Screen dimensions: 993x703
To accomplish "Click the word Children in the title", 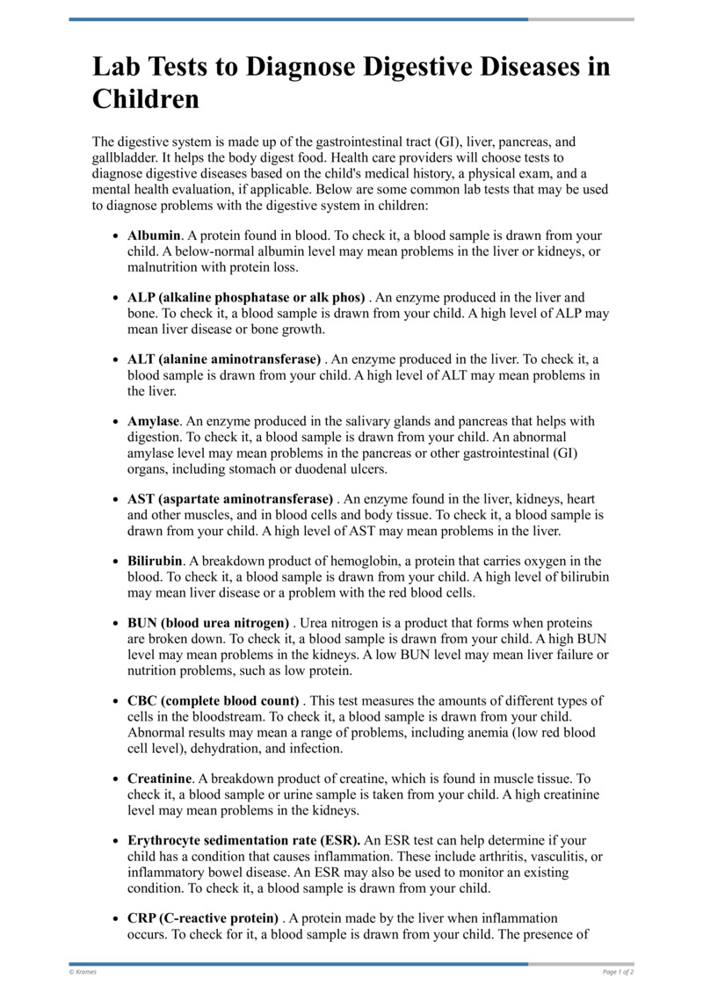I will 146,99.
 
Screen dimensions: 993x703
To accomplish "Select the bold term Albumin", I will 154,236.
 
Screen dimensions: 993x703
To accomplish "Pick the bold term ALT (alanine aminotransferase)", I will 224,359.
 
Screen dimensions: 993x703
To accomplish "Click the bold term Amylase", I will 154,421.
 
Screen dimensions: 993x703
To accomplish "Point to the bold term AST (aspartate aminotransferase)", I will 230,499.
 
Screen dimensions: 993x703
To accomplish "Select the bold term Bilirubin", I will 155,561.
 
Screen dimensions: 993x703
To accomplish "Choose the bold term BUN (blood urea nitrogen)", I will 208,623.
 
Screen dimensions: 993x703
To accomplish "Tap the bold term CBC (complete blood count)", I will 214,700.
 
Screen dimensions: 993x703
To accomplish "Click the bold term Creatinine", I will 159,779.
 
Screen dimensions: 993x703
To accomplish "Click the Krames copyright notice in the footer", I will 84,972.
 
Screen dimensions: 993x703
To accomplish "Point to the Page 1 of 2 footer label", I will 618,972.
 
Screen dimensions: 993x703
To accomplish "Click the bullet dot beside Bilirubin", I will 117,562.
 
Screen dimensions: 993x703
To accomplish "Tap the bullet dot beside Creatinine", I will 117,779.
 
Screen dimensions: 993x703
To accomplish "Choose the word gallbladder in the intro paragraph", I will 127,156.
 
